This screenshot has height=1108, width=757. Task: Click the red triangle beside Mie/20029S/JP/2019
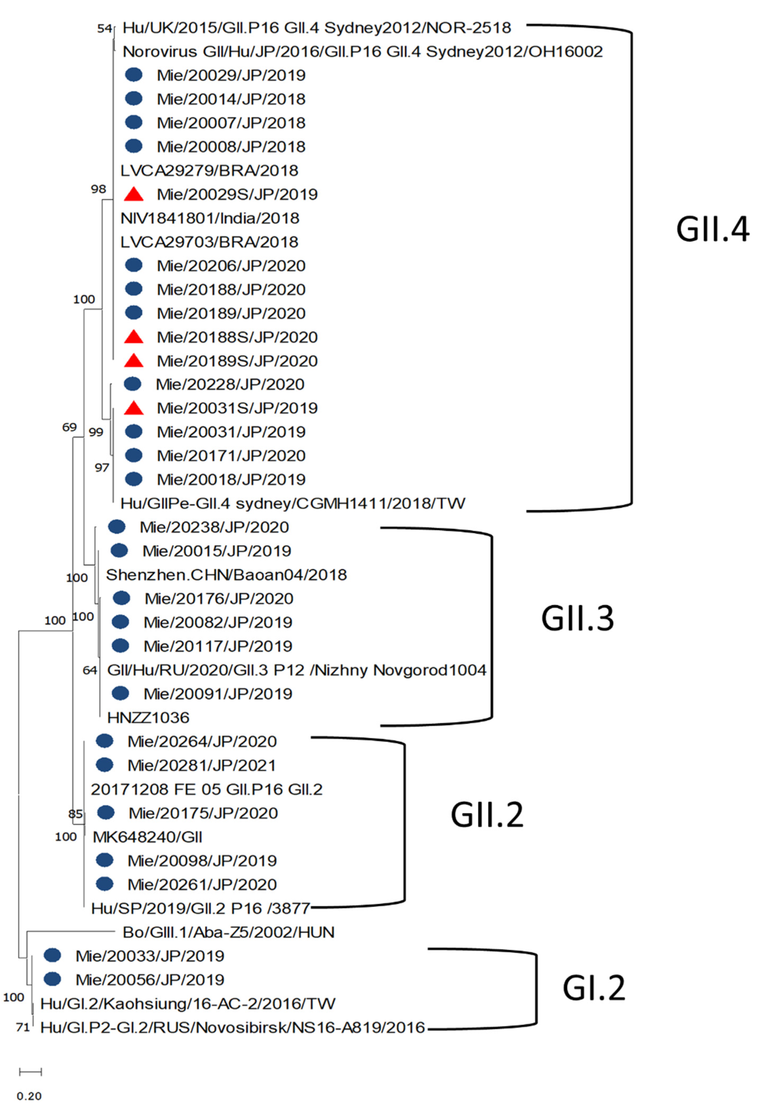[x=134, y=194]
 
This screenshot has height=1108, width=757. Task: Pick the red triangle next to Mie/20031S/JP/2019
[x=134, y=408]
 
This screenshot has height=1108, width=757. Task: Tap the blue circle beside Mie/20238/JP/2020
[x=117, y=527]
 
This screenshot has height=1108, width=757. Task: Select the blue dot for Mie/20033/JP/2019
[x=52, y=955]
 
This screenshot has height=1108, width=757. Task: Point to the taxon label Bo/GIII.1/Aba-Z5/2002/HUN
[x=228, y=932]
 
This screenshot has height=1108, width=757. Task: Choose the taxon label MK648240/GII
[x=147, y=837]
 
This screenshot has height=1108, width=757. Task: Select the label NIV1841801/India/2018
[x=210, y=218]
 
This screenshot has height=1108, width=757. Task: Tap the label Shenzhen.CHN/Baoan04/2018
[x=227, y=574]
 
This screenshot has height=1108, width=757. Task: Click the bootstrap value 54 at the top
[x=104, y=29]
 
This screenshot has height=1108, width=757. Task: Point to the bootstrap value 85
[x=75, y=813]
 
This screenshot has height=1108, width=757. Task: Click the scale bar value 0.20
[x=29, y=1096]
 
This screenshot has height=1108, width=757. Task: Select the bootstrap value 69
[x=70, y=427]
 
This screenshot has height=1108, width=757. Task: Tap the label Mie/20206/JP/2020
[x=231, y=266]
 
